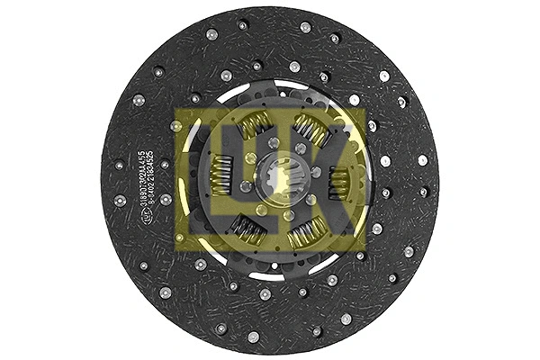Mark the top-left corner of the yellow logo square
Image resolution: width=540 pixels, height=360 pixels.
pos(177,109)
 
